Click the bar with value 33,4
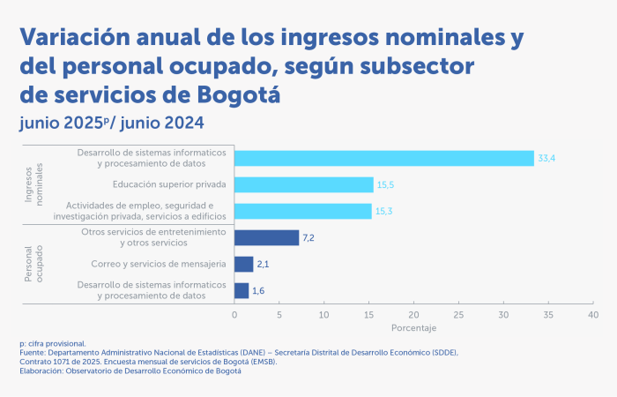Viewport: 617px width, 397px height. pos(384,158)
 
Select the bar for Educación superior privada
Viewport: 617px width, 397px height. pos(304,184)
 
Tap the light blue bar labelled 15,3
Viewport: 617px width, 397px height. pos(303,211)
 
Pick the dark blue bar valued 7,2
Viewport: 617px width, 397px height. pos(267,237)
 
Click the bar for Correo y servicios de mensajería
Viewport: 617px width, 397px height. pos(244,264)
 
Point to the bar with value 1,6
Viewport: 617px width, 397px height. pos(242,290)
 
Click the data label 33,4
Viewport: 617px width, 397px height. pos(546,159)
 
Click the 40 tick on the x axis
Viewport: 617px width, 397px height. pos(592,314)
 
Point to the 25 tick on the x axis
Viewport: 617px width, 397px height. pos(458,314)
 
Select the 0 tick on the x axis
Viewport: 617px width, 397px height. pos(234,314)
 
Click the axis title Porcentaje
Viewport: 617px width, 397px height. pos(413,328)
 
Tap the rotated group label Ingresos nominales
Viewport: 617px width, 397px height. pos(34,184)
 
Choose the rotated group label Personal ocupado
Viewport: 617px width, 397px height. pos(34,264)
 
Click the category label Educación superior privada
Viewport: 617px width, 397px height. pos(169,184)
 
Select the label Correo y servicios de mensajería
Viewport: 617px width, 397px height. pos(159,264)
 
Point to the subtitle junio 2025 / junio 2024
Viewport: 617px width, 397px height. pos(112,123)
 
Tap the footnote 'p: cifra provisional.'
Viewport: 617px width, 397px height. pos(53,342)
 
